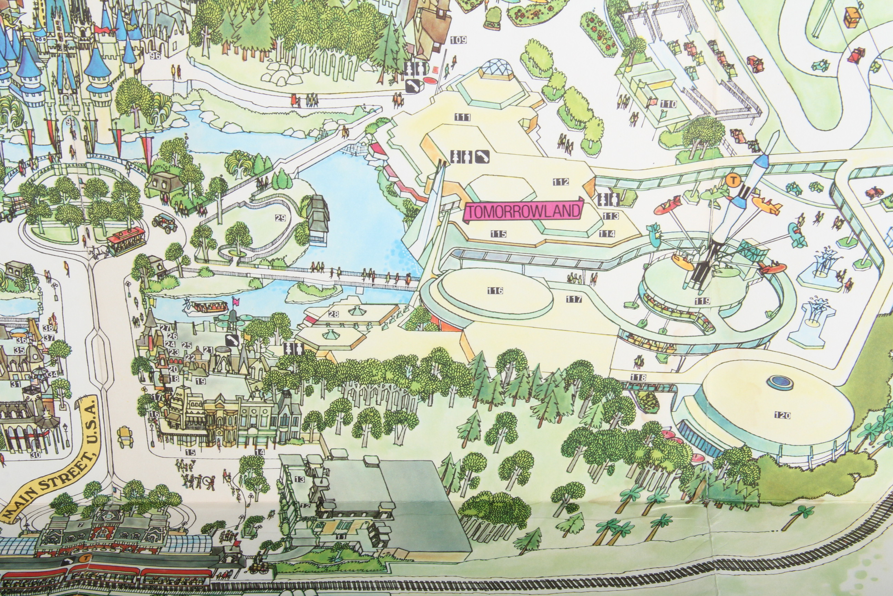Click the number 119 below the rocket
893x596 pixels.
[x=702, y=301]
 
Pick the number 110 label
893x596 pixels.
[x=668, y=104]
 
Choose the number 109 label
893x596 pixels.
[x=458, y=40]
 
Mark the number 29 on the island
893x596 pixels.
[x=280, y=218]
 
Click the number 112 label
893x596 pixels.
[x=561, y=182]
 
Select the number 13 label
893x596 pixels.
[x=300, y=479]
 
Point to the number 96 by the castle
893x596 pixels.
[x=155, y=56]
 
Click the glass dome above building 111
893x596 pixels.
[x=494, y=67]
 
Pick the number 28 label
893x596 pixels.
[x=333, y=314]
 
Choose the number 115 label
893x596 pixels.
[x=498, y=234]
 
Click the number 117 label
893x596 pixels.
[x=574, y=299]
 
